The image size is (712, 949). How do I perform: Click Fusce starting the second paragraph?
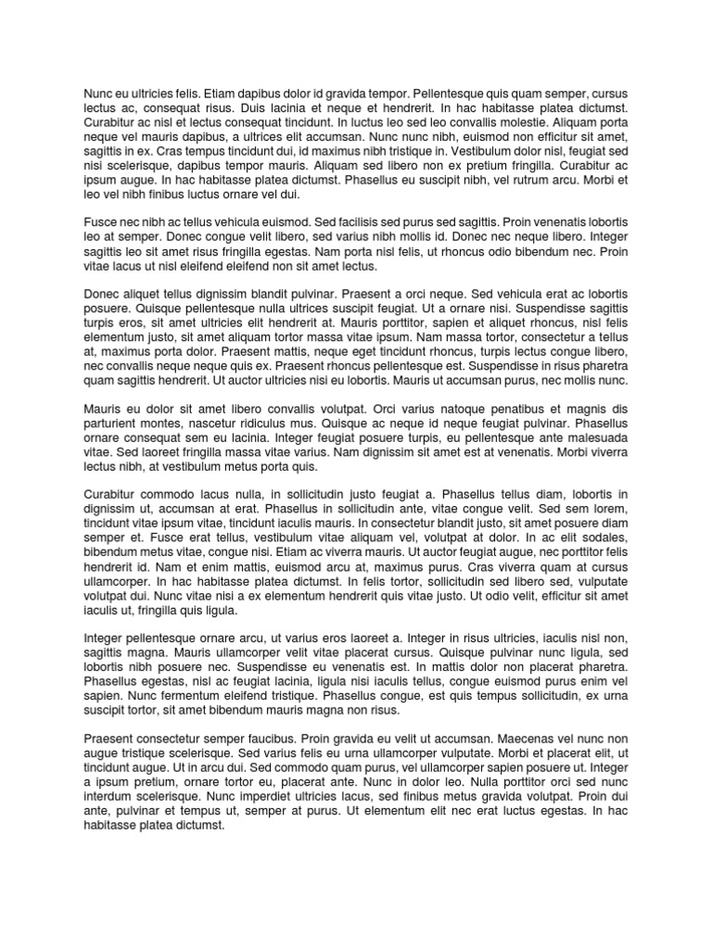tap(101, 223)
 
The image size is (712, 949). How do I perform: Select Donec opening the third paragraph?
tap(103, 296)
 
